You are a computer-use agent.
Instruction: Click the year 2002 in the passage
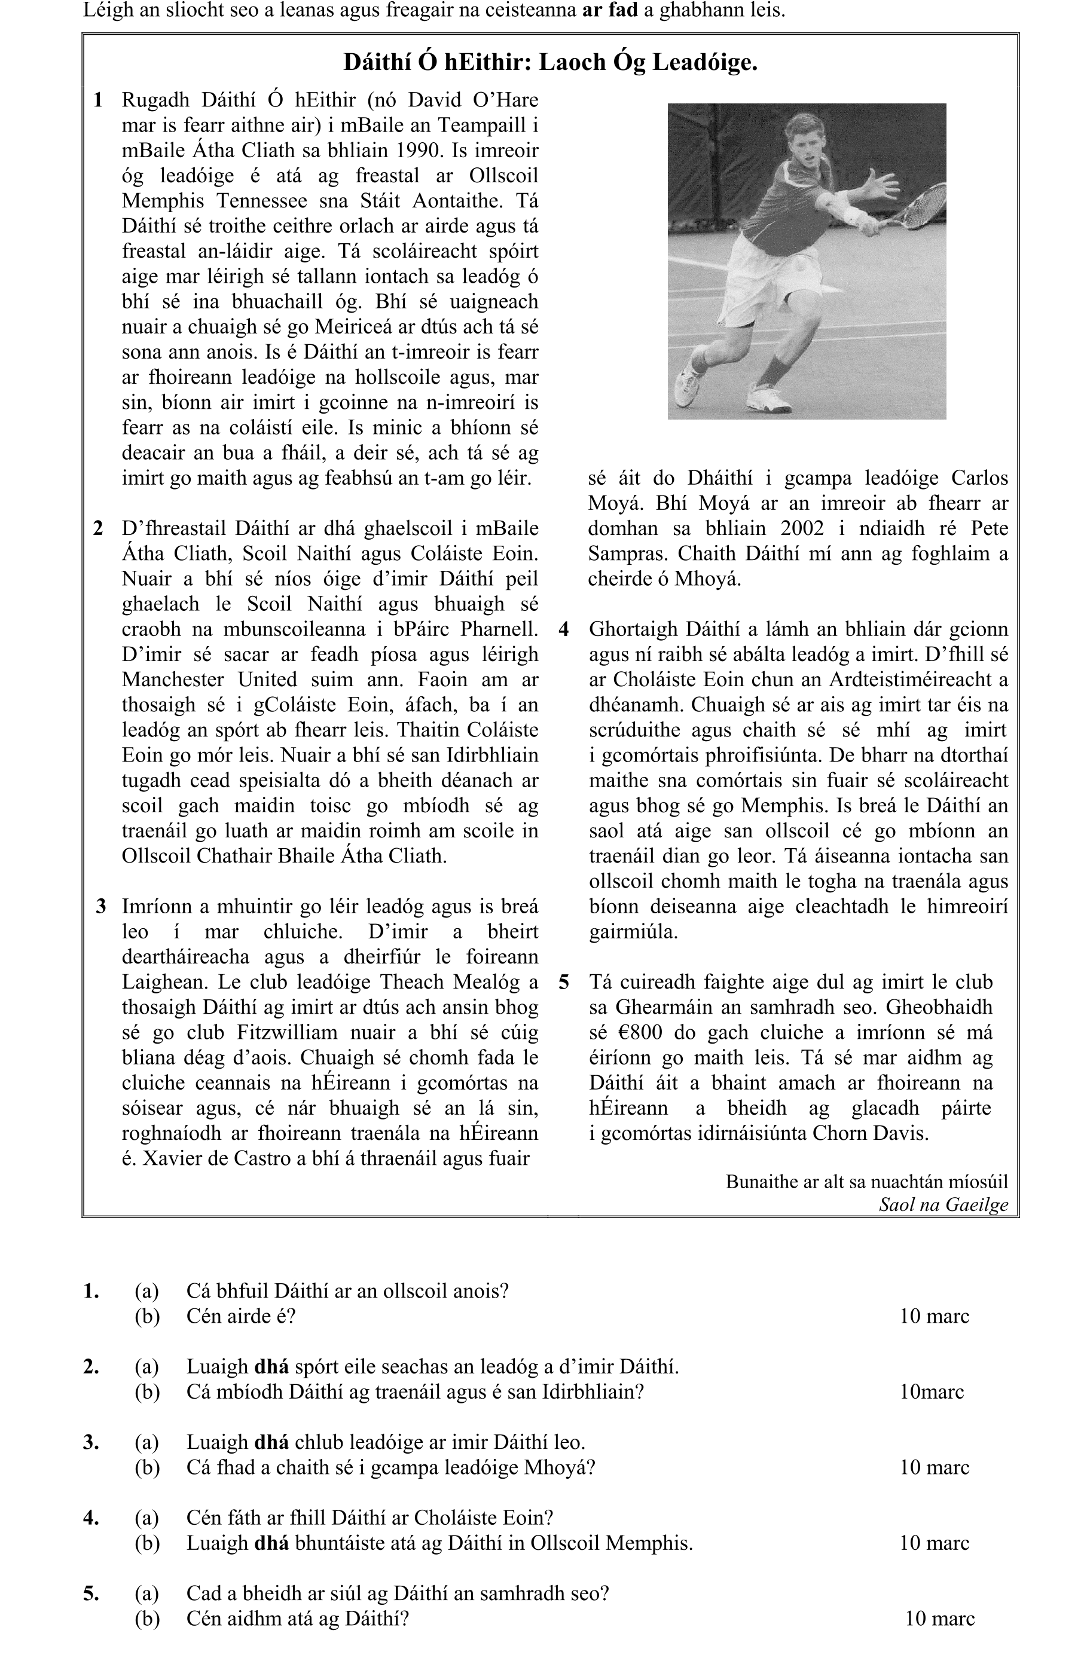pos(804,528)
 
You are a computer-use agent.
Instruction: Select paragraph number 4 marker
pos(564,629)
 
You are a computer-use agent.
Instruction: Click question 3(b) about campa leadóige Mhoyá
pos(390,1467)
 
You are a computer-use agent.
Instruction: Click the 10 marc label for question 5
pos(939,1619)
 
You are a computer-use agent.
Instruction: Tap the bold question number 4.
pos(91,1518)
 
